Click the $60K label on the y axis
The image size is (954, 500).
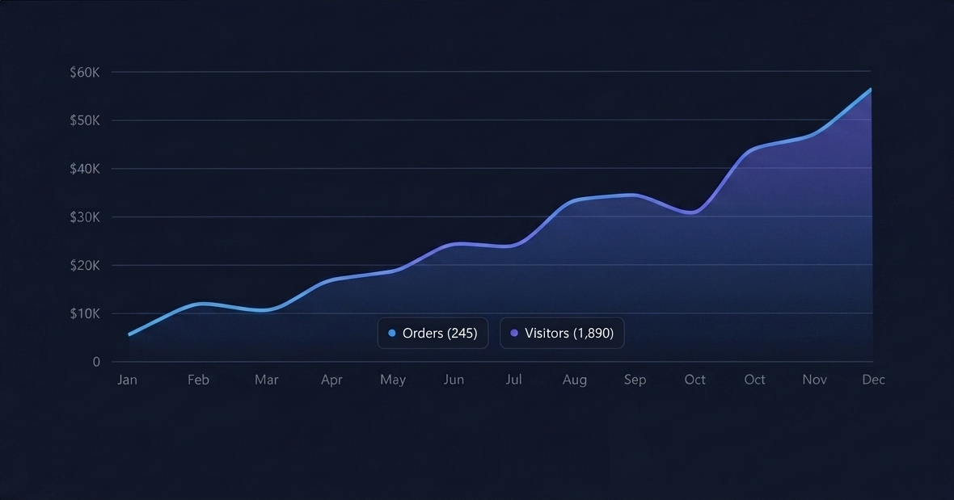click(84, 72)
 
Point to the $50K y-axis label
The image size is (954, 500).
click(84, 120)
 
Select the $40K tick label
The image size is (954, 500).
click(84, 169)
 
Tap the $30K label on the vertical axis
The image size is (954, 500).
click(84, 217)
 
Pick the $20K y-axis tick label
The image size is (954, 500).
click(84, 266)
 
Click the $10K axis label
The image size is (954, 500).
click(84, 313)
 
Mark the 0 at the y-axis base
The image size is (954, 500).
click(96, 362)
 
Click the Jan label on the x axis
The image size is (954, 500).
click(127, 380)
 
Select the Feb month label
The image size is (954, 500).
click(198, 380)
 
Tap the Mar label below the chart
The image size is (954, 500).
click(267, 380)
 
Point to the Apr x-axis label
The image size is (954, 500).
click(331, 380)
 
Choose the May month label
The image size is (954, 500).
click(393, 380)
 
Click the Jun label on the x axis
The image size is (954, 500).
click(454, 380)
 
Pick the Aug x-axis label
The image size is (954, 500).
click(575, 380)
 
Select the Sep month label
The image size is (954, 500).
click(635, 380)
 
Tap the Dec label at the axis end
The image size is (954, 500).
click(873, 380)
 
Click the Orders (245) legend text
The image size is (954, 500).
click(440, 333)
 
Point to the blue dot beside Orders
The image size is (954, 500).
click(392, 333)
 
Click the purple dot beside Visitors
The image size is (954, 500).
click(514, 333)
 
